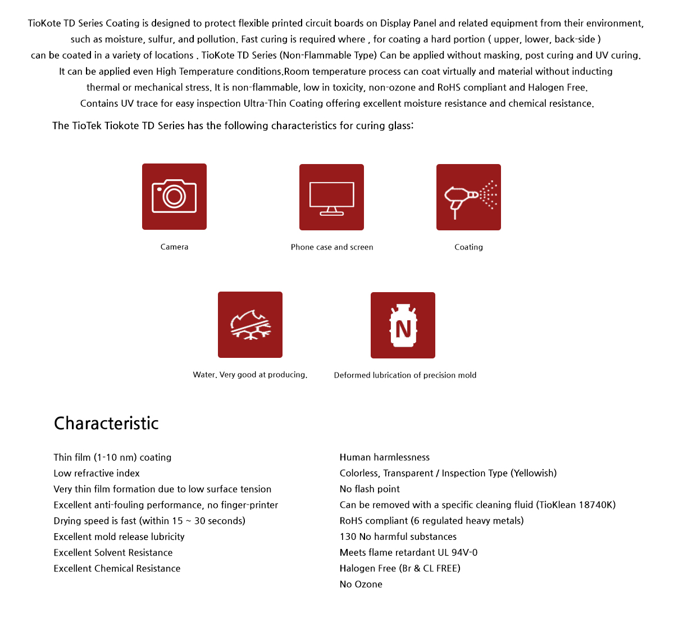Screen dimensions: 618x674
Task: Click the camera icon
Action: tap(174, 197)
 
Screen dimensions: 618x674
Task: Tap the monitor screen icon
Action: tap(331, 197)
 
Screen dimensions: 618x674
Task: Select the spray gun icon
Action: tap(468, 197)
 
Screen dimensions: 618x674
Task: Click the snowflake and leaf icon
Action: tap(250, 325)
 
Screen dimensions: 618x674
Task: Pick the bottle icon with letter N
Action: tap(403, 325)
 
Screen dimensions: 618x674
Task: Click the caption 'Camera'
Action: tap(174, 247)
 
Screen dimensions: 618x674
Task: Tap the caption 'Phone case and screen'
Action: tap(332, 247)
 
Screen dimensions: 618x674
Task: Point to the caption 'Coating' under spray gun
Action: tap(468, 247)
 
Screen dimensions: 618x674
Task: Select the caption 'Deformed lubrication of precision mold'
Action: tap(405, 375)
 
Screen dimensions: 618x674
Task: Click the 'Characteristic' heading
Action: tap(106, 423)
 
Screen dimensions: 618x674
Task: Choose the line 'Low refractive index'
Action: tap(97, 473)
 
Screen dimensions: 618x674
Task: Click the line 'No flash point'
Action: tap(370, 489)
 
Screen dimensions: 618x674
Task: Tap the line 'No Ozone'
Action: tap(361, 584)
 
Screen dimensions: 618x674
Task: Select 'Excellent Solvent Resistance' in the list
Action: tap(113, 552)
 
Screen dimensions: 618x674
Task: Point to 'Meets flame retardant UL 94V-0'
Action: tap(408, 552)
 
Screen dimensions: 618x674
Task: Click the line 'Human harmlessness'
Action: tap(384, 457)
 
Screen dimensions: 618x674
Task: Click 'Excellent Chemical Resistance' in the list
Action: tap(117, 569)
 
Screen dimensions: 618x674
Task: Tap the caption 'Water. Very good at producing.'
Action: tap(250, 375)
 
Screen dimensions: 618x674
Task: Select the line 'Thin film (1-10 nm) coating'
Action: tap(112, 457)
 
